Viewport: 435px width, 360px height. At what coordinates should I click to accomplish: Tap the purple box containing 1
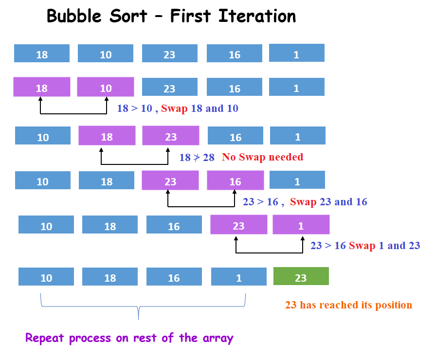pyautogui.click(x=301, y=225)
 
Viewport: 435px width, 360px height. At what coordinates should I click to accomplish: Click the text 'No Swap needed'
pyautogui.click(x=262, y=157)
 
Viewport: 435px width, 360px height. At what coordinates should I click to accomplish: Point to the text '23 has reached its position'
pyautogui.click(x=348, y=306)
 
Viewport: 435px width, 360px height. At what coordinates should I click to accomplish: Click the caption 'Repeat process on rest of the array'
pyautogui.click(x=129, y=338)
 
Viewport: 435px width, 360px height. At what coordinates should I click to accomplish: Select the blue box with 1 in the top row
pyautogui.click(x=296, y=53)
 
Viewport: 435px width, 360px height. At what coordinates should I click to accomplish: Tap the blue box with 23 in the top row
pyautogui.click(x=169, y=54)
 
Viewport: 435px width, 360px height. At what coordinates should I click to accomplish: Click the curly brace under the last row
pyautogui.click(x=139, y=307)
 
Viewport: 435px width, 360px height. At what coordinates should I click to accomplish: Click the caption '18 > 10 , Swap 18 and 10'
pyautogui.click(x=178, y=108)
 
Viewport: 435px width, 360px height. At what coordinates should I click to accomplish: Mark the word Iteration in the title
pyautogui.click(x=257, y=16)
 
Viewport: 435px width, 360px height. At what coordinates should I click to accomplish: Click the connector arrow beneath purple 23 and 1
pyautogui.click(x=269, y=252)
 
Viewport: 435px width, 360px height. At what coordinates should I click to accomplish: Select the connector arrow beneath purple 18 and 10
pyautogui.click(x=73, y=113)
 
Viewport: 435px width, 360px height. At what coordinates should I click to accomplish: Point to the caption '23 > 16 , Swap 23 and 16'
pyautogui.click(x=305, y=201)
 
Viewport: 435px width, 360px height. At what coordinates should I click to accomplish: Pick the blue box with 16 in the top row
pyautogui.click(x=235, y=54)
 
